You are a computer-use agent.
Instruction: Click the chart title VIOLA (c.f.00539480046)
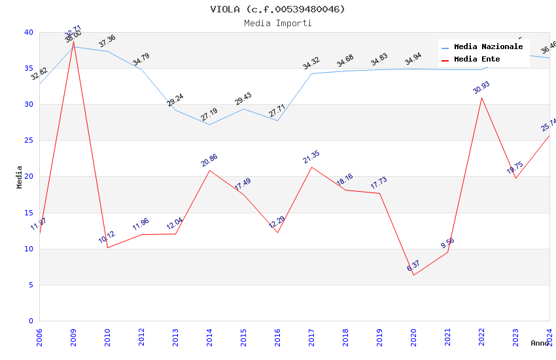click(277, 9)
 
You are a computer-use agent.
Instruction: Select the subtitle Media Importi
click(277, 23)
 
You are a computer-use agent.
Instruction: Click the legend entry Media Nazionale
click(488, 47)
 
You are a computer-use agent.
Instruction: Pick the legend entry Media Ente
click(477, 60)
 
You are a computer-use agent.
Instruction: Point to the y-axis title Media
click(20, 177)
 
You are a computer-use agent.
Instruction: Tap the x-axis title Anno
click(540, 343)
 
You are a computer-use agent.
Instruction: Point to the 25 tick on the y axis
click(29, 141)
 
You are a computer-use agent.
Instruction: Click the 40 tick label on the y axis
click(29, 32)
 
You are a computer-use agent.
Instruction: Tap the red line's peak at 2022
click(481, 98)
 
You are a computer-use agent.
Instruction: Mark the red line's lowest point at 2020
click(413, 275)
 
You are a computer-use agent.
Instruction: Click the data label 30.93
click(481, 88)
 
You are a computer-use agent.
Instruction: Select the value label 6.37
click(413, 266)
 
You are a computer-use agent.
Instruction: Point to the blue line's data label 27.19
click(209, 115)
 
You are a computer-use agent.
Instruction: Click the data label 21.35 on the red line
click(311, 157)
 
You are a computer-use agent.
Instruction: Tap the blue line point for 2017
click(311, 73)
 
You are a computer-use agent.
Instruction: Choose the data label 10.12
click(107, 238)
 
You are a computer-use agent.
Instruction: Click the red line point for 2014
click(209, 170)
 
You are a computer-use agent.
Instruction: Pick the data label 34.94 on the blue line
click(413, 60)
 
